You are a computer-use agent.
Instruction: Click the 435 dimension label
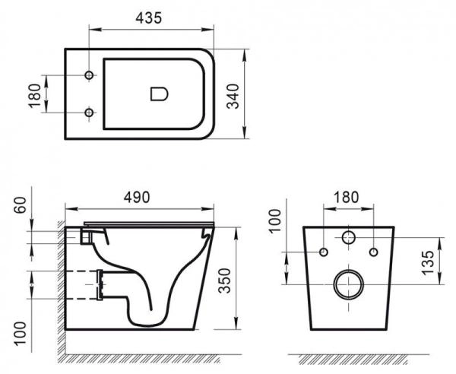tap(149, 18)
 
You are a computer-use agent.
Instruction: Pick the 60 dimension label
tap(21, 206)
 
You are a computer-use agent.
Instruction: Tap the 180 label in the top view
tap(33, 95)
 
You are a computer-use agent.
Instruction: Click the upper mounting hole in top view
tap(89, 76)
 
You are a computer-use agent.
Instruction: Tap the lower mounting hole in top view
tap(89, 113)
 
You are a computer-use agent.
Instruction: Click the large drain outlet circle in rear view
tap(349, 284)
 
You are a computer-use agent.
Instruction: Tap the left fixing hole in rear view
tap(324, 252)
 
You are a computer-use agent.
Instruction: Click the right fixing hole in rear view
tap(374, 252)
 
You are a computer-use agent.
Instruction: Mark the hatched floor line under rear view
tap(350, 357)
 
